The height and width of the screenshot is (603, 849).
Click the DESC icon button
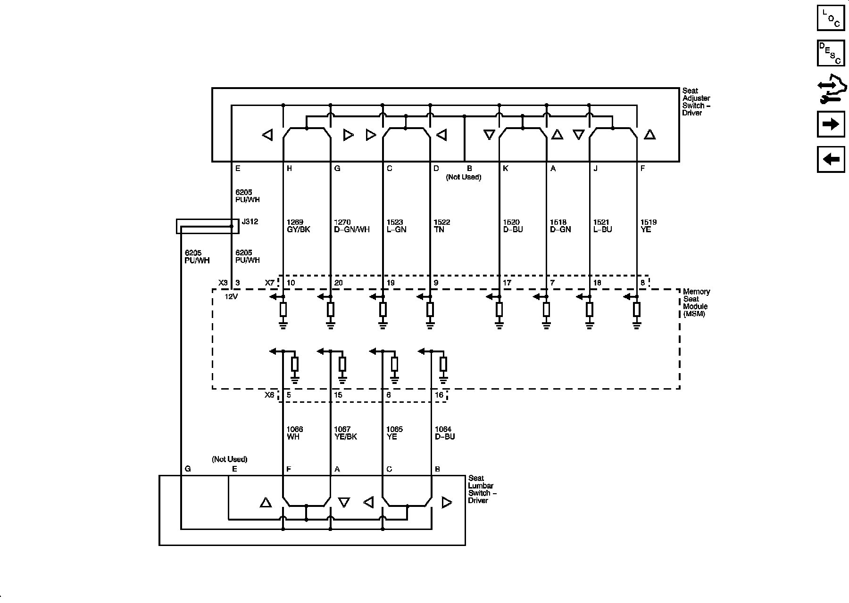[831, 53]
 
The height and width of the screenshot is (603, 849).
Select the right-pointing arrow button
[831, 124]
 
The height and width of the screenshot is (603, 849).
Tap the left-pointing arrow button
[831, 159]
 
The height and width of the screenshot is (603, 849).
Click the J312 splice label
[250, 221]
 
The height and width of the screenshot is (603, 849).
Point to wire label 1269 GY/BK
[298, 226]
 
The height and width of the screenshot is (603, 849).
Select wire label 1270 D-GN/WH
[351, 226]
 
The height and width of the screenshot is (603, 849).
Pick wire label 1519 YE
[648, 226]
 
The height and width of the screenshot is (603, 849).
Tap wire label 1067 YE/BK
[345, 433]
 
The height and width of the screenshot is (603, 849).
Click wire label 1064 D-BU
[444, 433]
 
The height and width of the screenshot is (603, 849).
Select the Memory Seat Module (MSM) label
[696, 302]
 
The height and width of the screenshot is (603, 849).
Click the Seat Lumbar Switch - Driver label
[482, 489]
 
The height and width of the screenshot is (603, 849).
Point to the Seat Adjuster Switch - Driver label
[696, 102]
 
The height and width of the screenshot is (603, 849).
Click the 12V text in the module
[231, 297]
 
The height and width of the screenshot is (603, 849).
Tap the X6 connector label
[269, 395]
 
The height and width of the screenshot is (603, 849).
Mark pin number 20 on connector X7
[338, 283]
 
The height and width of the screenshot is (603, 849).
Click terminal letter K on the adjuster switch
[506, 169]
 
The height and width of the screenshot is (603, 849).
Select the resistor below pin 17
[499, 310]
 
